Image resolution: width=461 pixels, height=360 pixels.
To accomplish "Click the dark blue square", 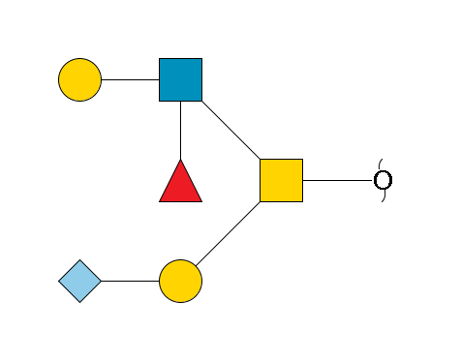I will coord(181,79).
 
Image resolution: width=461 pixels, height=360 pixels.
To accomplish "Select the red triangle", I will coord(181,184).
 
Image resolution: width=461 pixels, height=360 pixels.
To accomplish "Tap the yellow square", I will coord(281,180).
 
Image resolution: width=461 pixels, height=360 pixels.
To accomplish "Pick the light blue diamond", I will coord(80,282).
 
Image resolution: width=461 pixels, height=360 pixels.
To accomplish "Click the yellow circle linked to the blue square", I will coord(80,79).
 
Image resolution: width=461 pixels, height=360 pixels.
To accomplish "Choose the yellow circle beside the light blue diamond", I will coord(181,282).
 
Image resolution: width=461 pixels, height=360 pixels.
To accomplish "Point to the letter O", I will coord(384,180).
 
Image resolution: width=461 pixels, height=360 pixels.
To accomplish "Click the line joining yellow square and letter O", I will coord(338,180).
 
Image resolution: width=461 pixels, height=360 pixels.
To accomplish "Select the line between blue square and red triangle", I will coord(181,130).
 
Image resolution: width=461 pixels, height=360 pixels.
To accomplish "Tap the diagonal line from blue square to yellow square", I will coord(230,130).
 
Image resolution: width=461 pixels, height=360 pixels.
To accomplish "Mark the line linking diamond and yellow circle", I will coord(131,282).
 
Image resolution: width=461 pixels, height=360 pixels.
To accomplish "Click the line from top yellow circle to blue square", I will coord(131,79).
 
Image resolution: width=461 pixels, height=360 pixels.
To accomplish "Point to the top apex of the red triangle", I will coord(181,160).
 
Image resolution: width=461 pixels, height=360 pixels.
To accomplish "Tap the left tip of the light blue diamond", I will coord(60,282).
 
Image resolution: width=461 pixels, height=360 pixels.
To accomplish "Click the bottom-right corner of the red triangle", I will coord(201,200).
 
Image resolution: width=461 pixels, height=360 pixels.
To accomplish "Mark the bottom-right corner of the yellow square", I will coord(301,200).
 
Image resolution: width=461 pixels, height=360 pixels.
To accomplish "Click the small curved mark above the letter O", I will coord(382,163).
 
